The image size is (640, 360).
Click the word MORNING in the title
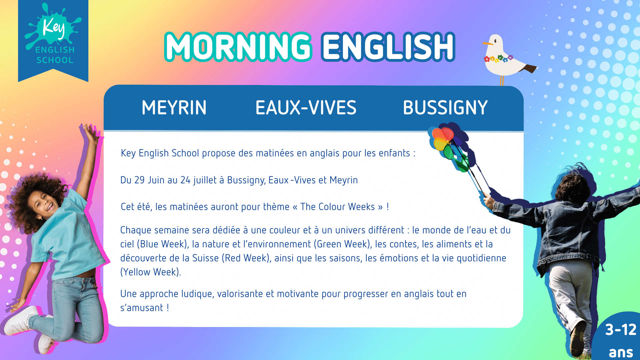tap(238, 47)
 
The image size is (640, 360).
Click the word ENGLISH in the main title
tap(388, 47)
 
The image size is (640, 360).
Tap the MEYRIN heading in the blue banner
tap(174, 108)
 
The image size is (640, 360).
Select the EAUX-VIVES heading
tap(306, 108)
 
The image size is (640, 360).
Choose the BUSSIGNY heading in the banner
tap(445, 108)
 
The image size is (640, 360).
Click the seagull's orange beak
tap(488, 43)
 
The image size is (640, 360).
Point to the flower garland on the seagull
tap(498, 59)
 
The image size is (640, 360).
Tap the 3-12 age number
tap(621, 330)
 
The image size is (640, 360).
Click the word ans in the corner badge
tap(621, 352)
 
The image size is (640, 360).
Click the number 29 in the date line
tap(139, 180)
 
